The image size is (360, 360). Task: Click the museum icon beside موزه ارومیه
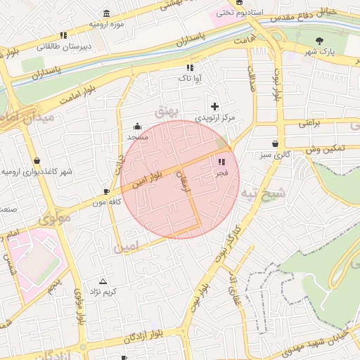pyautogui.click(x=106, y=13)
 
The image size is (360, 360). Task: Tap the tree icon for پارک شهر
pyautogui.click(x=321, y=41)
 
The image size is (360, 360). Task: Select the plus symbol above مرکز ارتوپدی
pyautogui.click(x=214, y=106)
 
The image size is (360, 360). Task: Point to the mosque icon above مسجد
pyautogui.click(x=136, y=127)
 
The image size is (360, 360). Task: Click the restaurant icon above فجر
pyautogui.click(x=222, y=162)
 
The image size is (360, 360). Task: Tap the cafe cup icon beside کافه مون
pyautogui.click(x=106, y=191)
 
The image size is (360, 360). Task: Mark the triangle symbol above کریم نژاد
pyautogui.click(x=103, y=281)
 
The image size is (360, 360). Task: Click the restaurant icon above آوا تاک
pyautogui.click(x=189, y=68)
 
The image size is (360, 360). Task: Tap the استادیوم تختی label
pyautogui.click(x=239, y=13)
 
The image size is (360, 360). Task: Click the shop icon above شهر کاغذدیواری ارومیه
pyautogui.click(x=36, y=161)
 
